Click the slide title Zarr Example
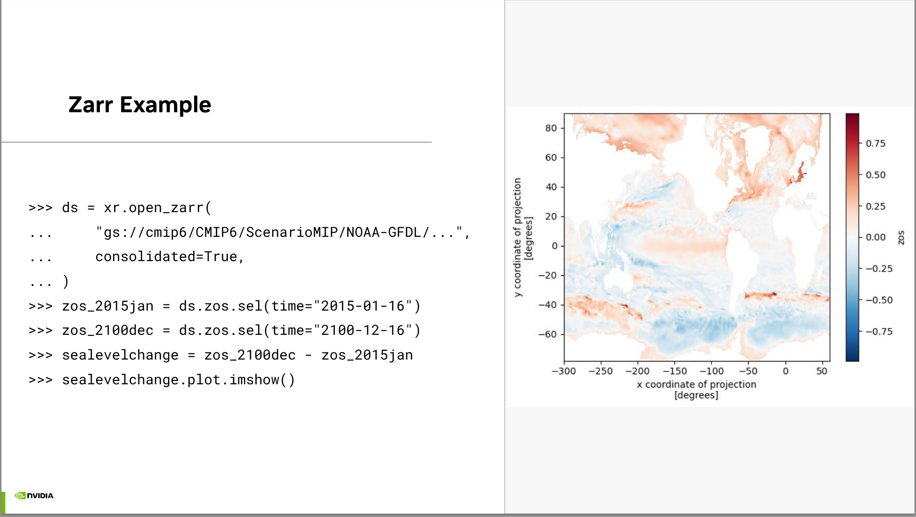click(x=139, y=105)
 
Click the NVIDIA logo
click(x=34, y=496)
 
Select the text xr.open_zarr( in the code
click(x=157, y=208)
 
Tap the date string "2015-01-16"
click(x=363, y=306)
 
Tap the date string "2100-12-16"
click(x=363, y=330)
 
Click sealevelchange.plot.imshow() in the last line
click(x=178, y=380)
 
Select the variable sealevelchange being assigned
click(x=120, y=355)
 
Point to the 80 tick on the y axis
click(x=551, y=128)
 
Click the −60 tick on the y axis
click(x=547, y=334)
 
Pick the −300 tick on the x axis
click(x=564, y=371)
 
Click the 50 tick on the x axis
click(x=822, y=371)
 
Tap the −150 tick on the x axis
click(x=675, y=371)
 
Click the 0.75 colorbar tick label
click(x=876, y=144)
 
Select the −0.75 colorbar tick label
click(x=879, y=332)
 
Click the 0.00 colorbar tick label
click(x=876, y=237)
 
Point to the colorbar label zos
click(x=901, y=237)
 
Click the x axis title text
click(x=696, y=390)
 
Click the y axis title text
click(x=523, y=237)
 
